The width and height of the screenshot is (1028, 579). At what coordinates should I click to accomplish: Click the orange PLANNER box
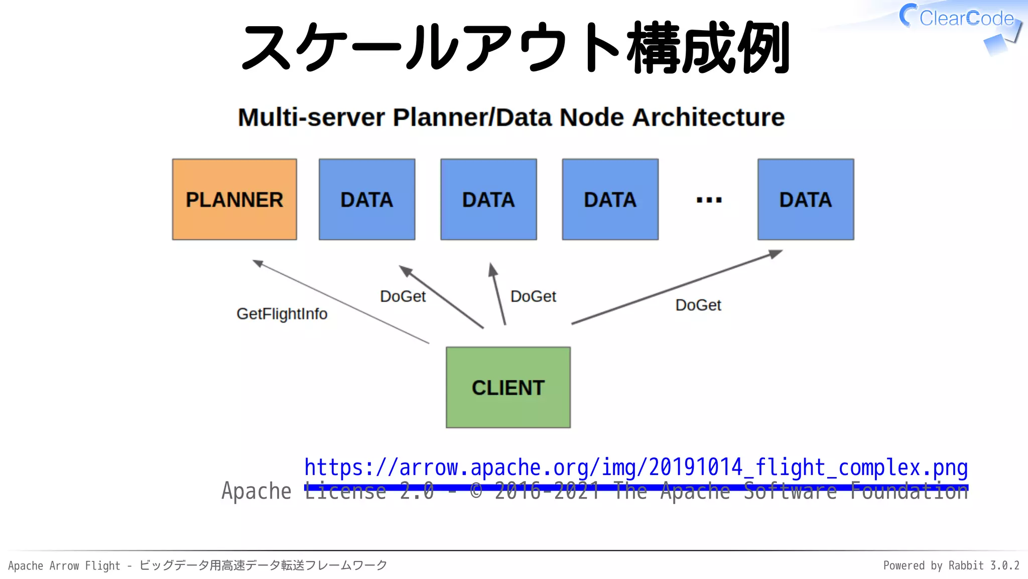pos(234,200)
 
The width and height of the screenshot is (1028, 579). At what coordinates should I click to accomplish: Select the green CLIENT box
pos(508,388)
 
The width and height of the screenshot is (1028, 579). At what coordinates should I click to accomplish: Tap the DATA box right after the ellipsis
pos(805,200)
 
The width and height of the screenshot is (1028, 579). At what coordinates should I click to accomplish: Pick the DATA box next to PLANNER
pos(367,200)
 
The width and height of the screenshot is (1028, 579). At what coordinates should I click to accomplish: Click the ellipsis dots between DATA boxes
pos(709,200)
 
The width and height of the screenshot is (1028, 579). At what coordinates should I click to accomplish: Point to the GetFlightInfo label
pos(282,314)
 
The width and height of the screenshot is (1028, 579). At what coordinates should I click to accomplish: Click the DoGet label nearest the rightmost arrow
pos(698,305)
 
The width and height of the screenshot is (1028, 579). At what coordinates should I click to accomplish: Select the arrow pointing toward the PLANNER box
pos(341,302)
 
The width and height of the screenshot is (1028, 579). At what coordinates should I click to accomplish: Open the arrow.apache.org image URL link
pos(635,467)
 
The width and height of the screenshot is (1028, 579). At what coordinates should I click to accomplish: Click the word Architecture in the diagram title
pos(708,118)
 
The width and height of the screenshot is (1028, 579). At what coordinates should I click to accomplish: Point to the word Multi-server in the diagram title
pos(311,118)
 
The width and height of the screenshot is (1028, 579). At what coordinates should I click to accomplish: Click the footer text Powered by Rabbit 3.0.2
pos(951,565)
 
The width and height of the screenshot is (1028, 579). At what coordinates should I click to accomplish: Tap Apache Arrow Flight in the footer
pos(64,565)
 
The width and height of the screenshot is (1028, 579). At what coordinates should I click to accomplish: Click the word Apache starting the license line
pos(256,492)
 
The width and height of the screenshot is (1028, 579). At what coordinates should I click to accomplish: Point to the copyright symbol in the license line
pos(476,492)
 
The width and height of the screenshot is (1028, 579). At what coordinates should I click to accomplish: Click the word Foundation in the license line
pos(909,492)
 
